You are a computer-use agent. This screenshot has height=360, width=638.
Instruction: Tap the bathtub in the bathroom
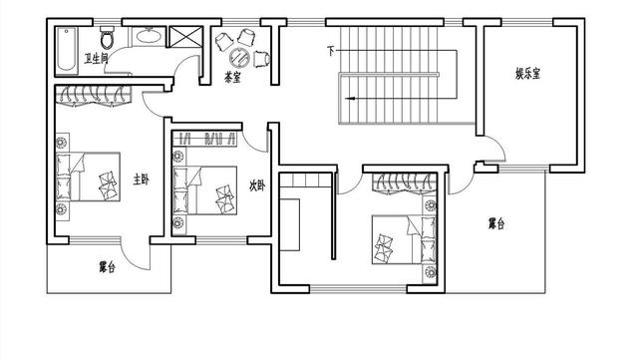pos(66,48)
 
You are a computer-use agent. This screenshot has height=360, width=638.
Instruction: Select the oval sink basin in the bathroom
pos(148,37)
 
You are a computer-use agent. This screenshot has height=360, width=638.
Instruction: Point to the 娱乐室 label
pos(528,73)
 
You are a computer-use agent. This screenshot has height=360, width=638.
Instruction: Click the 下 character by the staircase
pos(331,50)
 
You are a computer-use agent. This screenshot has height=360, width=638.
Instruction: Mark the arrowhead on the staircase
pos(350,99)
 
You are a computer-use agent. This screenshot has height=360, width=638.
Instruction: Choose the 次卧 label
pos(256,184)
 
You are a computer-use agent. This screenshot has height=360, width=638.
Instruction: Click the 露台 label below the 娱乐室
pos(495,224)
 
